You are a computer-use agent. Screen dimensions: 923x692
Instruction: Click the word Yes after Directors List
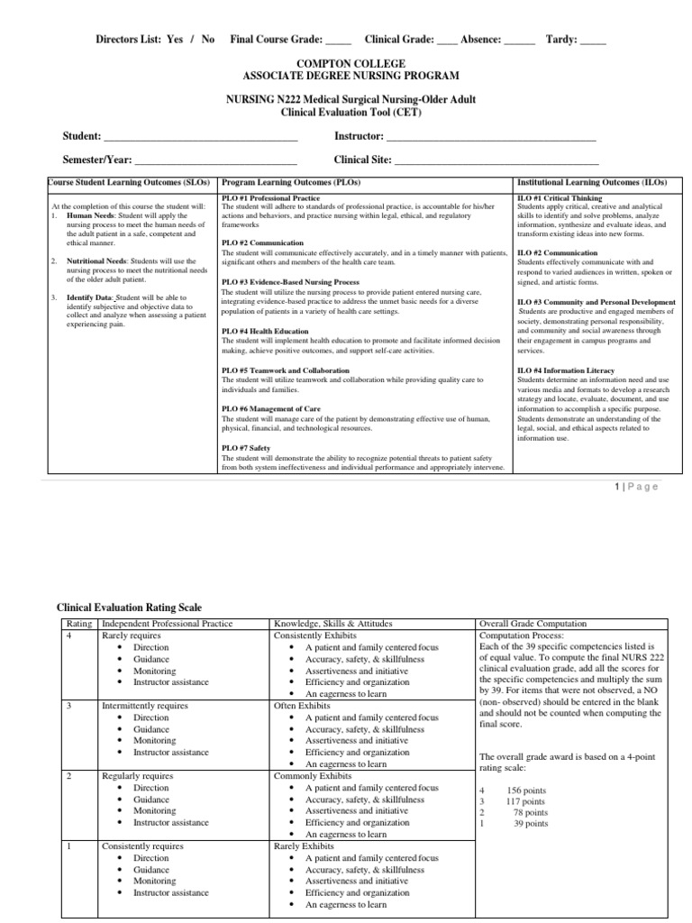pos(175,40)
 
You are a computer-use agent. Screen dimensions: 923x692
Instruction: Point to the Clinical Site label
pos(362,160)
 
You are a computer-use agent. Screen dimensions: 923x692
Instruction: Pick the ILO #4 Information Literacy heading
pos(565,370)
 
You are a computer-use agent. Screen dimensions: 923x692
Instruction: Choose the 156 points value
pos(527,789)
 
